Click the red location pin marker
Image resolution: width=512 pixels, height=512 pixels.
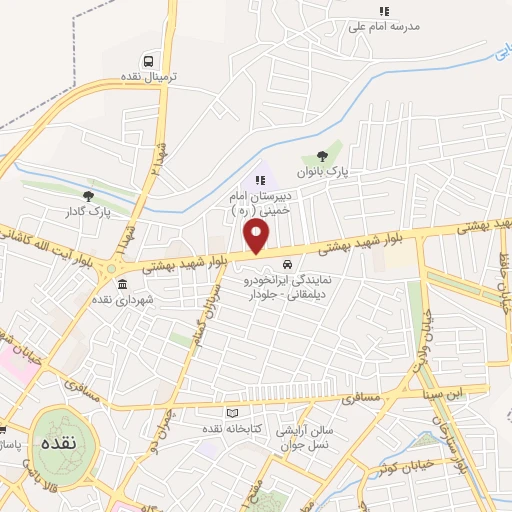pyautogui.click(x=257, y=236)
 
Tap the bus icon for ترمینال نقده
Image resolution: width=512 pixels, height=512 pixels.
pyautogui.click(x=148, y=60)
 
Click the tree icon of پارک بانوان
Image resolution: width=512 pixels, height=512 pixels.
pyautogui.click(x=321, y=154)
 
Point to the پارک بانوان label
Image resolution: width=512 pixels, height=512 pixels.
pyautogui.click(x=326, y=172)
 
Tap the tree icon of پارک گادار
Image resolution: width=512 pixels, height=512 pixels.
pyautogui.click(x=89, y=195)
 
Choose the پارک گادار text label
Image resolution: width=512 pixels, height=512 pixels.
pyautogui.click(x=89, y=212)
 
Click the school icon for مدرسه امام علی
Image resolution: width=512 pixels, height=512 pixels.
pyautogui.click(x=382, y=11)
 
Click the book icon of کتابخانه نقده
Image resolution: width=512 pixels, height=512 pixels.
pyautogui.click(x=233, y=412)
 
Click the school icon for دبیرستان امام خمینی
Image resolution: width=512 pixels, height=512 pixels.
pyautogui.click(x=260, y=180)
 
